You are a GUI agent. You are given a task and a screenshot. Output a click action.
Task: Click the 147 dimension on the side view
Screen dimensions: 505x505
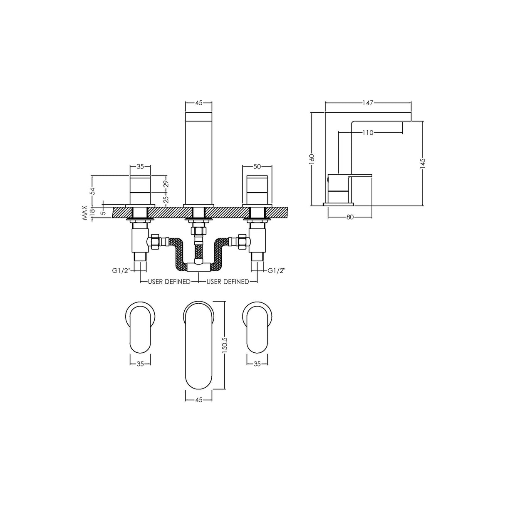click(x=368, y=103)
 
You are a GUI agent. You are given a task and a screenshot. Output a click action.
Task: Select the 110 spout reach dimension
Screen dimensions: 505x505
click(x=368, y=133)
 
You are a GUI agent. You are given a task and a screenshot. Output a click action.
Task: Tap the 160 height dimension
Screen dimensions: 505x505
click(x=312, y=159)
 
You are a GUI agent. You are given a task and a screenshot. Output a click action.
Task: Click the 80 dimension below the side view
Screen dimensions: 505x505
click(x=350, y=217)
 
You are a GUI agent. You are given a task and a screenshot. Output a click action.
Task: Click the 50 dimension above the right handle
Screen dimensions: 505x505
click(x=257, y=167)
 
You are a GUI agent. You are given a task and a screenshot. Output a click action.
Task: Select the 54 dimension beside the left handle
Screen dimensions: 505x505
click(x=93, y=191)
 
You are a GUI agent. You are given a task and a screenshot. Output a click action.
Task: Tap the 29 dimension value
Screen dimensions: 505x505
click(x=166, y=183)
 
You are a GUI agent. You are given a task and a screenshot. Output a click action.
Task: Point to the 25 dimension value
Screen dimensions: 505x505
click(x=166, y=198)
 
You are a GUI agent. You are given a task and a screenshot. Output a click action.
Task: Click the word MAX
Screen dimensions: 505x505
click(x=85, y=213)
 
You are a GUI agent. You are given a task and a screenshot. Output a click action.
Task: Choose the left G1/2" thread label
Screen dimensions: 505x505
click(x=121, y=270)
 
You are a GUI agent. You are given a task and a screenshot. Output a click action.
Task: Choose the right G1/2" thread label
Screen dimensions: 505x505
click(x=276, y=270)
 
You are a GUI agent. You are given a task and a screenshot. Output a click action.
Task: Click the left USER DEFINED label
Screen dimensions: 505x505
click(x=169, y=282)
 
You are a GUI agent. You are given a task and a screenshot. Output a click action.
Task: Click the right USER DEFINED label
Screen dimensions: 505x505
click(x=228, y=282)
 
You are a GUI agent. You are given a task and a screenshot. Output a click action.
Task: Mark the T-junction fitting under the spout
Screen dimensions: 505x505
click(x=198, y=265)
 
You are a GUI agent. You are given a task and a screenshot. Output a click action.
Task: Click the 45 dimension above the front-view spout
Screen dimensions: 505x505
click(x=198, y=103)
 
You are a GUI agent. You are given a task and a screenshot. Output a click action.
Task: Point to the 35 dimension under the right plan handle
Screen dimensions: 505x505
click(x=257, y=364)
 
